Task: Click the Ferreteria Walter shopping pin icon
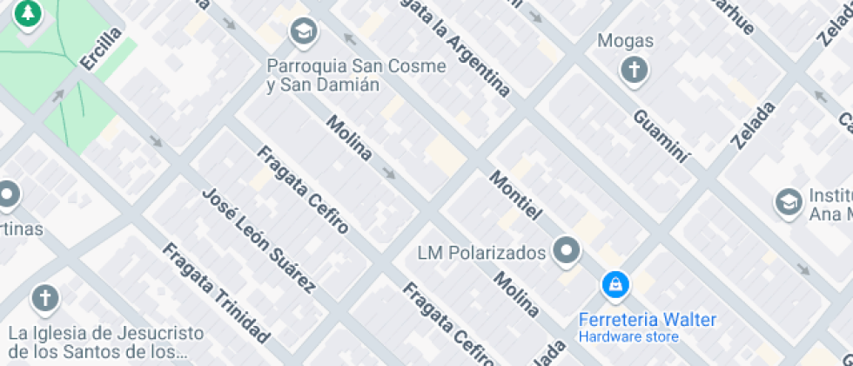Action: pos(615,283)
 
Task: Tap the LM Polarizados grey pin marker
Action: pos(568,251)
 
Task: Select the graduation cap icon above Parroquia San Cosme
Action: pos(304,32)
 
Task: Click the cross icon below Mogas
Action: pos(635,70)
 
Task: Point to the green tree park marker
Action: pos(29,12)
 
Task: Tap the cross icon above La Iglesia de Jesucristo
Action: pos(44,299)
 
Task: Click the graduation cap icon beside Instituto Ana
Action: pos(788,202)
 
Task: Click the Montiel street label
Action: pos(516,194)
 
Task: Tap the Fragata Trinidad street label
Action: pos(216,291)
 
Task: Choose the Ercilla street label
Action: pos(100,49)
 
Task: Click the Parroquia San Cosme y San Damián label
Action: pos(356,75)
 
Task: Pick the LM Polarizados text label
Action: pos(481,253)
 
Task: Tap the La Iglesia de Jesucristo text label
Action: pos(105,342)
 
